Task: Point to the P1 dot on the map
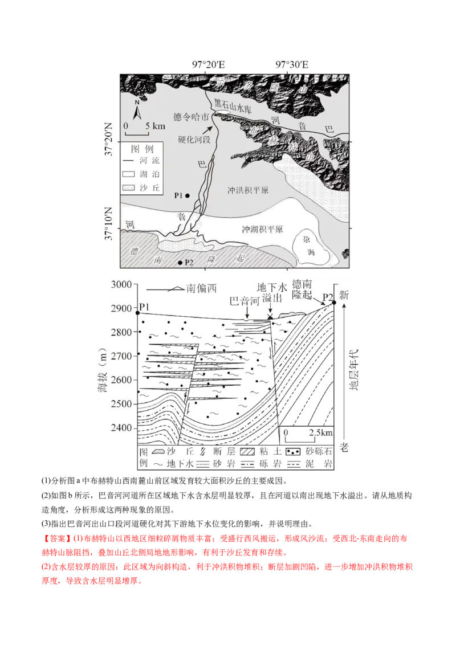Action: pos(188,195)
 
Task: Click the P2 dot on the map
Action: pos(181,263)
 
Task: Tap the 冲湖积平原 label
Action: pos(262,229)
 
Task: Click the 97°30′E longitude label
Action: pos(292,64)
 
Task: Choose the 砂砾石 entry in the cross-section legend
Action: pos(311,451)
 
